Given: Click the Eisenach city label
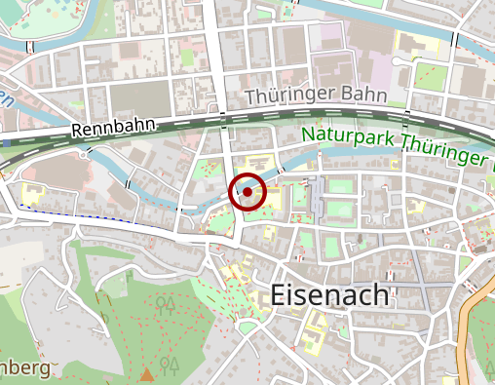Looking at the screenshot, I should pos(330,295).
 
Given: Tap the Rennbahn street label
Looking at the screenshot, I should pos(101,130).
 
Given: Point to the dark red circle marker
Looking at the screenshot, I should pos(247,192).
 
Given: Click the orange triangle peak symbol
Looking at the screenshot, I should pos(147,373).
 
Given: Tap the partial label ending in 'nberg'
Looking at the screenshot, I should pos(24,368).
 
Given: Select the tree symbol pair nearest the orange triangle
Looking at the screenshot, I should pos(171,365).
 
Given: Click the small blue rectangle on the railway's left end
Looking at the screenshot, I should pos(8,142).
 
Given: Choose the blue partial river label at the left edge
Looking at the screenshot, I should pos(5,97).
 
